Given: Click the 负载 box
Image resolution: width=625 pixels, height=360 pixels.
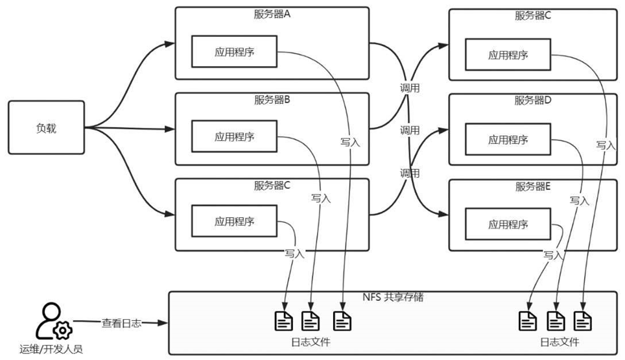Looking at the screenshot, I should coord(46,128).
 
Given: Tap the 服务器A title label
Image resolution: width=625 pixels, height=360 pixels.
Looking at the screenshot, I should coord(272,15).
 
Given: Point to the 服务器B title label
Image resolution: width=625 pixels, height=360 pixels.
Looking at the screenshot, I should coord(272,100).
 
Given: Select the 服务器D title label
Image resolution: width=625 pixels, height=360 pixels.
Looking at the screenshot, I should coord(533,100).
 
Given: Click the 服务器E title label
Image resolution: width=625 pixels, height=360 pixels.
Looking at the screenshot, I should coord(533,187).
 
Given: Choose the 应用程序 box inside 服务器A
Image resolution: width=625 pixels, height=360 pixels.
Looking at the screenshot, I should coord(234,52).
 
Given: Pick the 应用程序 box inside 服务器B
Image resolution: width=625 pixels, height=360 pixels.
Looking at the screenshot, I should coord(234,137).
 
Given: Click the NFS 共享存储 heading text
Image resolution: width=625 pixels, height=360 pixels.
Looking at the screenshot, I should coord(394,297).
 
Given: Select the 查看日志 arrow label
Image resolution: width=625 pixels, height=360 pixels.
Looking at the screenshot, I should coord(121,322).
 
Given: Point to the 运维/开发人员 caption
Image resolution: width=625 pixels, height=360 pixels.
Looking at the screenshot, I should coord(51,349).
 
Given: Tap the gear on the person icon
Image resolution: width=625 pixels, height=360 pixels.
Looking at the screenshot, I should coord(63,330).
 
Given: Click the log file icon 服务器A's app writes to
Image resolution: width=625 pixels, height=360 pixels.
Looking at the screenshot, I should coord(342,320).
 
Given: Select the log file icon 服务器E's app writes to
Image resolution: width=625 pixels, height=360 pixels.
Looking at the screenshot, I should coord(527,320).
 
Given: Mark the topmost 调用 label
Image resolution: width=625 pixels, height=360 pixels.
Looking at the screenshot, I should coord(410,88).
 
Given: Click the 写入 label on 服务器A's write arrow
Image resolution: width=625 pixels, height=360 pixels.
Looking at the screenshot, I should coord(349,142).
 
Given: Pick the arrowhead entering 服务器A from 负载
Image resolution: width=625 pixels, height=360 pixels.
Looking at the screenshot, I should coord(170,43).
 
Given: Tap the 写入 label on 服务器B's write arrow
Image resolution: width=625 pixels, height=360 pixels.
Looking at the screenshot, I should coord(321,198).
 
